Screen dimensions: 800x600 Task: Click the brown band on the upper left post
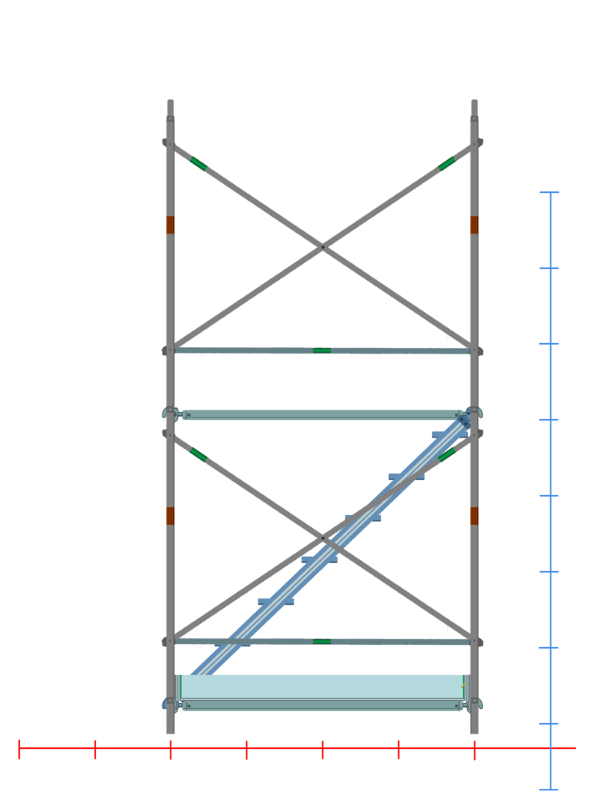point(170,225)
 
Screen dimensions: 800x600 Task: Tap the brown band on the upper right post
point(474,225)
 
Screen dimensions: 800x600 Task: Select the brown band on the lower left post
point(170,516)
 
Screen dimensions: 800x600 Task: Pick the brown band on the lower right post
point(474,516)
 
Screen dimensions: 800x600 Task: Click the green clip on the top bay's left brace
point(198,163)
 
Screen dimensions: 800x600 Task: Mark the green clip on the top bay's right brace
point(447,163)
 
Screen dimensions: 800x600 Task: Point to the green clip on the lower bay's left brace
point(198,454)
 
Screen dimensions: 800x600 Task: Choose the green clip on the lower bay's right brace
point(447,454)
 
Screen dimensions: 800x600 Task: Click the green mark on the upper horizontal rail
point(322,350)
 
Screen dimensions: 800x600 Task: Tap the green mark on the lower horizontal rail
point(322,641)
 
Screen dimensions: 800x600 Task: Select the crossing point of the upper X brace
point(322,247)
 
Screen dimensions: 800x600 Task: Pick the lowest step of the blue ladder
point(232,642)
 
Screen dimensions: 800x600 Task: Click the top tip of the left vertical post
point(170,101)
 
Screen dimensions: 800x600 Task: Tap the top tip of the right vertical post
point(474,101)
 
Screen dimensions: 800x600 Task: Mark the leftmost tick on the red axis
point(19,749)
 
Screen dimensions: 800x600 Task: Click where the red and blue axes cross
point(550,749)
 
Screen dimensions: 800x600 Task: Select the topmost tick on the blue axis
point(550,193)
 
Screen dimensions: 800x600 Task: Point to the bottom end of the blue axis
point(550,790)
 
